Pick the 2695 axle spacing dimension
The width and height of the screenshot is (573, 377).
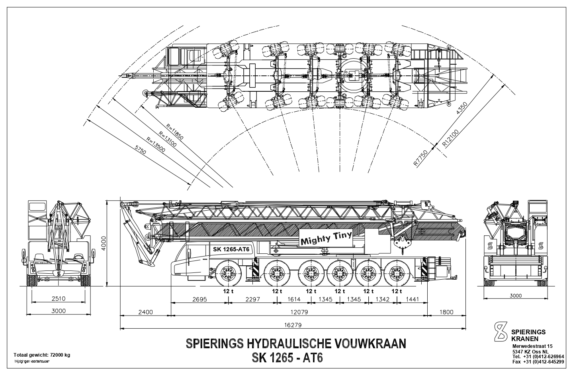coord(199,300)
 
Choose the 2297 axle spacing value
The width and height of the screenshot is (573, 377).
coord(252,300)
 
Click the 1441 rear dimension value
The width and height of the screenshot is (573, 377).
coord(413,300)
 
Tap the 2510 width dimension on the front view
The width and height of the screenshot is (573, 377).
coord(58,298)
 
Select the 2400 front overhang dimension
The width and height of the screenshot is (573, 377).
coord(145,312)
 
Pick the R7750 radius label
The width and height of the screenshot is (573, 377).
coord(421,158)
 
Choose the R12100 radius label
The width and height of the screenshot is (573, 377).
coord(451,138)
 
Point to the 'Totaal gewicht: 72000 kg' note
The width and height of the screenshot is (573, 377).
coord(42,355)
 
